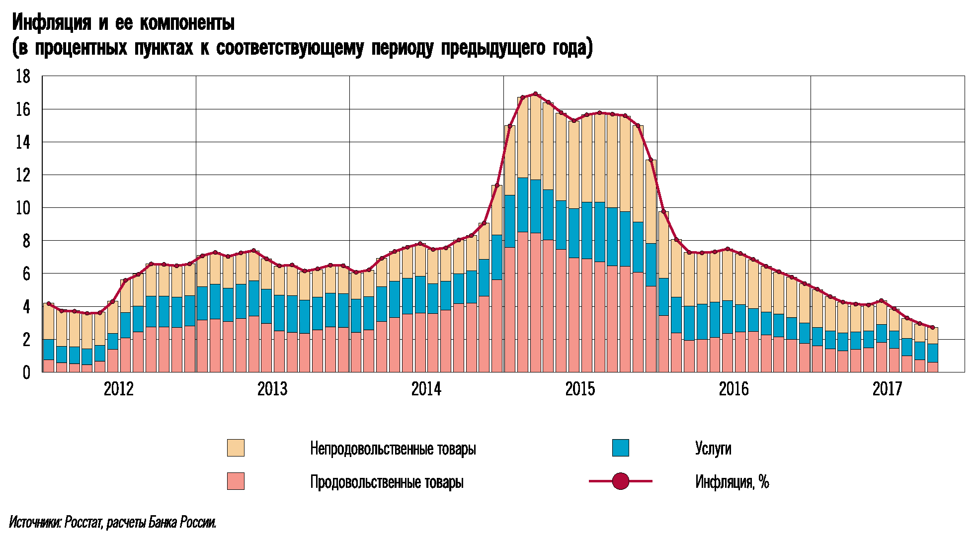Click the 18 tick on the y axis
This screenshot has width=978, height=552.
click(23, 77)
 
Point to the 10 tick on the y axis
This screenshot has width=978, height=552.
click(23, 208)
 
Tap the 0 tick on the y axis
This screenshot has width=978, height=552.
click(26, 372)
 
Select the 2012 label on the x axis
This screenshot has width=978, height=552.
click(119, 389)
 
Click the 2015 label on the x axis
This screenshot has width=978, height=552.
click(580, 389)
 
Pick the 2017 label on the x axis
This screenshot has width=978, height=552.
click(887, 389)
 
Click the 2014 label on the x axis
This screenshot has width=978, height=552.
click(426, 389)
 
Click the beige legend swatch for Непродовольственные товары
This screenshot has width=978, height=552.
click(236, 448)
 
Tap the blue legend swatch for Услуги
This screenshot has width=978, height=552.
click(620, 448)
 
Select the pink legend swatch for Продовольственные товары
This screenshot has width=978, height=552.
click(236, 481)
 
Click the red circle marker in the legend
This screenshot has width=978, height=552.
click(621, 481)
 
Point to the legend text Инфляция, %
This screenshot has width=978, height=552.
click(732, 482)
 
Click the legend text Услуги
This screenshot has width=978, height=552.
click(713, 449)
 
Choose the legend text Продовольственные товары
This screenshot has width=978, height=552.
click(387, 482)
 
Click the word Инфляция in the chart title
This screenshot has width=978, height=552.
click(52, 22)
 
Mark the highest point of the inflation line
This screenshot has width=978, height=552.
click(535, 93)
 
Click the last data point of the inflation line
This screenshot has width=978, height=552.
click(932, 328)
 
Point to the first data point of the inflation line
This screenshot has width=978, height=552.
click(49, 303)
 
